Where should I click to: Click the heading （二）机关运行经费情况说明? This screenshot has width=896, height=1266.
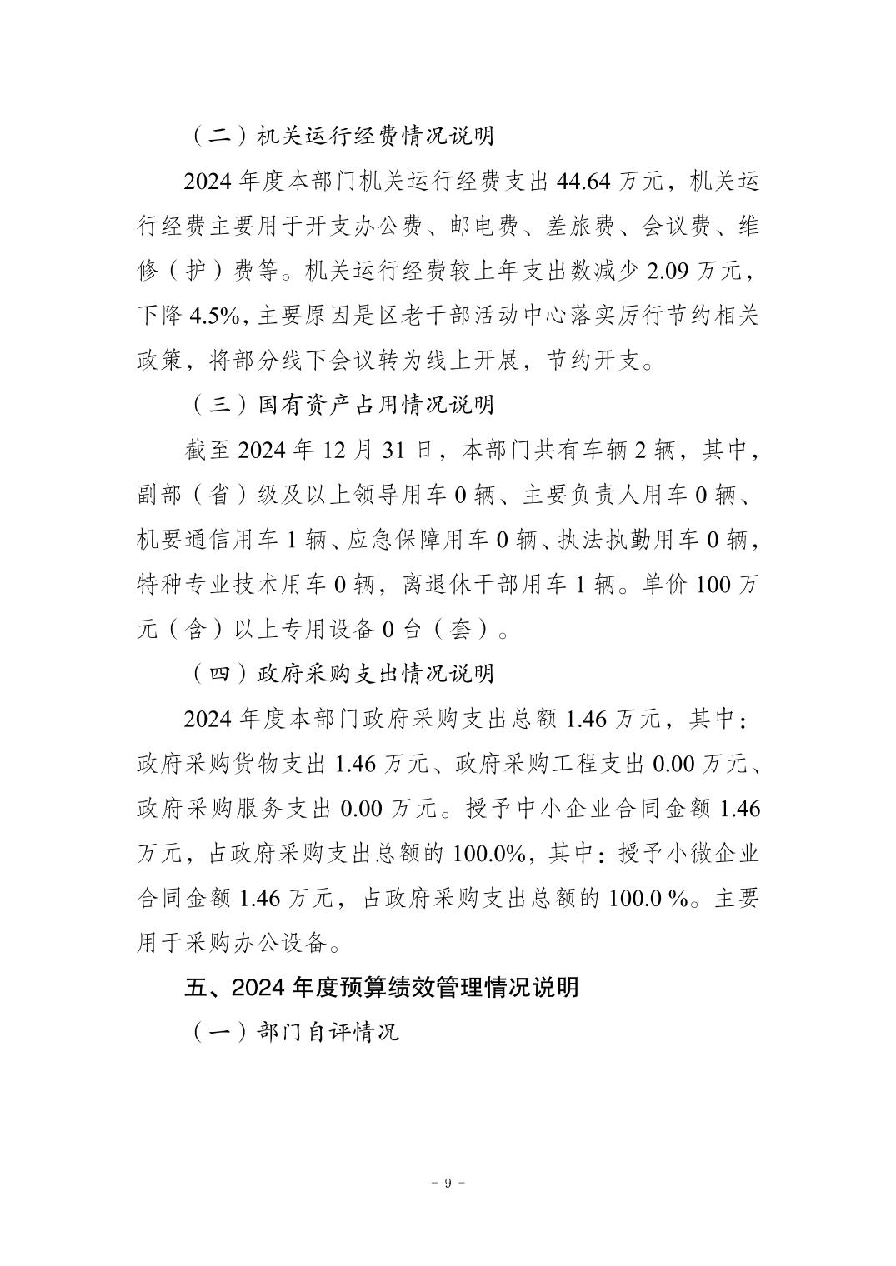pos(342,136)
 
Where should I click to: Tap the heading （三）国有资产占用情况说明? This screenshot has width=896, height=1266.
pos(342,406)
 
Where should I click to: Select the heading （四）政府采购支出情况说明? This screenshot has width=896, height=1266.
pos(342,673)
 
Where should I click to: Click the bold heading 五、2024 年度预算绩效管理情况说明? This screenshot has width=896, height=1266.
pos(381,988)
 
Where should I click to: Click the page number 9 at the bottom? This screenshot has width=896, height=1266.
pos(448,1184)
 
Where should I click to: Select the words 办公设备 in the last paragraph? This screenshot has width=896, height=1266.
pos(283,944)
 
